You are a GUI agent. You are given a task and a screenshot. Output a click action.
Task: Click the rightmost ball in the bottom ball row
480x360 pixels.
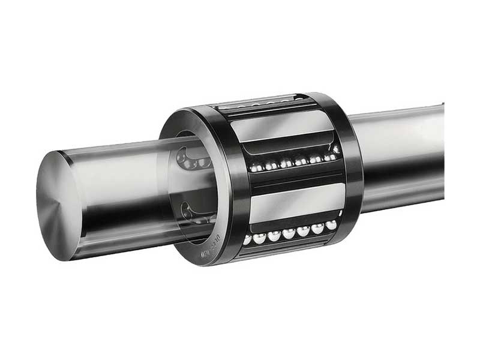[x=331, y=225]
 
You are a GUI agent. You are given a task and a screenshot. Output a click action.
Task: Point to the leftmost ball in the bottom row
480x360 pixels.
[x=247, y=239]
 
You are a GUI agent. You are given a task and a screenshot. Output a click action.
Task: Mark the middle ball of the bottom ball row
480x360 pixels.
[x=289, y=233]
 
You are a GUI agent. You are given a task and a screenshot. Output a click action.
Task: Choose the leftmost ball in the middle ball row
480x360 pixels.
[x=255, y=168]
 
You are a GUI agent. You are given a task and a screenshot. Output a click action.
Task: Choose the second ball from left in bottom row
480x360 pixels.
[x=260, y=238]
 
